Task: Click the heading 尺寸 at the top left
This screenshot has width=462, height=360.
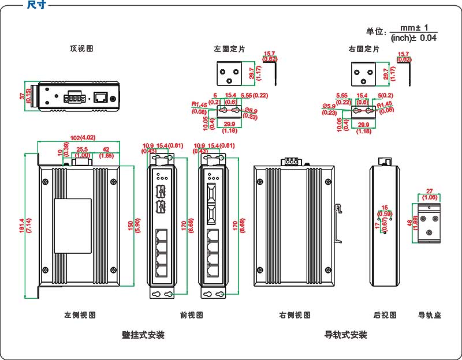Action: pos(36,5)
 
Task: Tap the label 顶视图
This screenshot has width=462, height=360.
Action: pos(81,49)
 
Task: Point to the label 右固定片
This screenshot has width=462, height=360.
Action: pos(364,49)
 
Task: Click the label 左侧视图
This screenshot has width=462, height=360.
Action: pos(80,315)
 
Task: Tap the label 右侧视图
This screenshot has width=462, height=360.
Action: pos(295,315)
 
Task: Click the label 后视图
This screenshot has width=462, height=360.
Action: pos(385,315)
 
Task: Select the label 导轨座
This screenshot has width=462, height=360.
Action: pos(429,315)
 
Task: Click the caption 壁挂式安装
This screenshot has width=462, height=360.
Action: pos(143,335)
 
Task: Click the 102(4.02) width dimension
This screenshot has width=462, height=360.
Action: pos(82,137)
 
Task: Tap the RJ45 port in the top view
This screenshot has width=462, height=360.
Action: pos(100,96)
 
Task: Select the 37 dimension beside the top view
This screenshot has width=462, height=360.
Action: pos(23,96)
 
